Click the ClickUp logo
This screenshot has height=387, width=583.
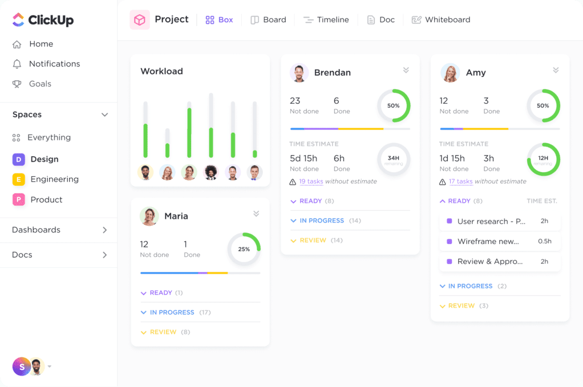click(43, 21)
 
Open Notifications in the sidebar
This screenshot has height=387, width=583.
click(54, 64)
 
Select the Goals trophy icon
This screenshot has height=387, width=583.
click(17, 84)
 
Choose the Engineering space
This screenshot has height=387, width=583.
click(54, 179)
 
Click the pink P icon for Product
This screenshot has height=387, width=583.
click(18, 199)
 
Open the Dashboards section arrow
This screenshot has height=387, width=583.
click(104, 230)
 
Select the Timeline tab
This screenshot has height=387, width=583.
click(326, 19)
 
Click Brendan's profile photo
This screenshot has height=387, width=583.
click(299, 72)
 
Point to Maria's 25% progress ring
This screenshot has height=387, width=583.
click(244, 249)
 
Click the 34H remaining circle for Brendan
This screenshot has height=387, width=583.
click(394, 160)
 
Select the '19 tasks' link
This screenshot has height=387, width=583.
click(311, 181)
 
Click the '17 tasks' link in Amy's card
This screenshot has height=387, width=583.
click(460, 181)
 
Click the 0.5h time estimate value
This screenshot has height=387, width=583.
click(545, 241)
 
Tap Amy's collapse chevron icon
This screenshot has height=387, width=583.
click(556, 70)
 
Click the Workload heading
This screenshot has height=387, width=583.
click(161, 71)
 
